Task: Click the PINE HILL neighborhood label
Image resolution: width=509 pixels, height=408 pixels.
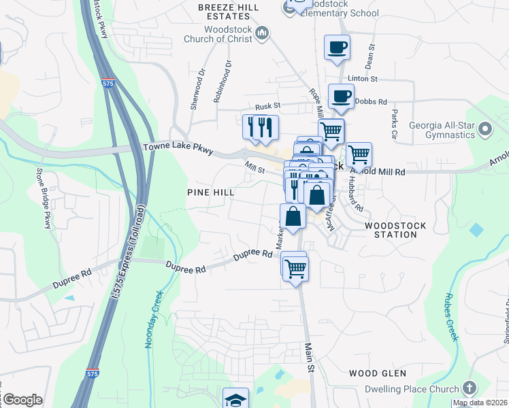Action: [x=211, y=193]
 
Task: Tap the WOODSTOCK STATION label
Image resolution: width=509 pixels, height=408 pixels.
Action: [x=395, y=230]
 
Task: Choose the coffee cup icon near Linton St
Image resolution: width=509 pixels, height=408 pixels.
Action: [x=337, y=48]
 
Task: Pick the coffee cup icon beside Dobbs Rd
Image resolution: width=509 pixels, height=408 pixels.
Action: [x=341, y=96]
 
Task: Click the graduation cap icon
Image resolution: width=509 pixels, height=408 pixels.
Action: [x=235, y=398]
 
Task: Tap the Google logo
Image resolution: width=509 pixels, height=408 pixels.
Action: [x=22, y=400]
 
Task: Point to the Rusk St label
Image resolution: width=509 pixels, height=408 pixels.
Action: [x=268, y=106]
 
